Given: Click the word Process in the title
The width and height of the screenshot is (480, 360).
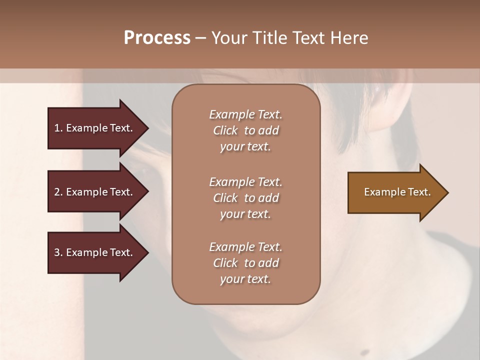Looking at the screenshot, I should [157, 38].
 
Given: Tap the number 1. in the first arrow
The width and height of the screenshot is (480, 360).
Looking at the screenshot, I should [58, 128].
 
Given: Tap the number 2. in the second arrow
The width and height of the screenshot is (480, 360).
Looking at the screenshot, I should [58, 192].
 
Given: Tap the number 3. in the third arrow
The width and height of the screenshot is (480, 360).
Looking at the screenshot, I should [58, 252].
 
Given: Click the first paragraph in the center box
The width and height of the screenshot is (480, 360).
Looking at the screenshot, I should [245, 130].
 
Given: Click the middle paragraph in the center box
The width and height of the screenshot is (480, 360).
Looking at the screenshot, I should [245, 198].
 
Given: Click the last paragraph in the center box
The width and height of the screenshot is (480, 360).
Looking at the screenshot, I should [245, 263].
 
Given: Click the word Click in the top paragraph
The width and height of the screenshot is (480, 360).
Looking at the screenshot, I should [225, 130].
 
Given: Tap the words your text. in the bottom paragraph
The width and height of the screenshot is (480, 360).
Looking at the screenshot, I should [245, 279].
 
